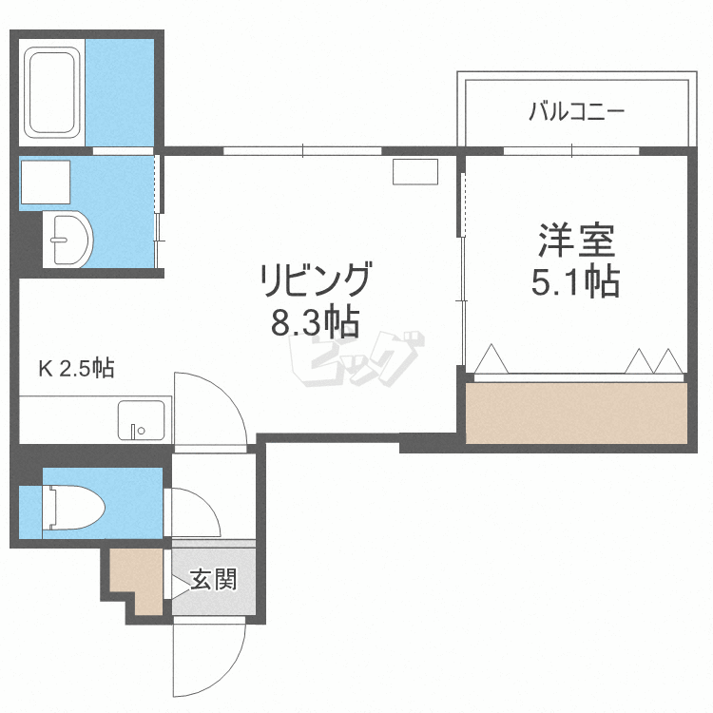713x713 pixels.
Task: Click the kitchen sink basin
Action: pos(140,420)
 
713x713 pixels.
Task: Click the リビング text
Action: pos(315,281)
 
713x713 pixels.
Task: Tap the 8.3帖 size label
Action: pos(315,323)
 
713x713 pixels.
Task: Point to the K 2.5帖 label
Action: pos(76,368)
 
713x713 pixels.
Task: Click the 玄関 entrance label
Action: pos(212,579)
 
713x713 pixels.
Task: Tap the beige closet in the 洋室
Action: pos(576,411)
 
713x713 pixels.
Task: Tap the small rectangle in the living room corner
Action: pos(414,172)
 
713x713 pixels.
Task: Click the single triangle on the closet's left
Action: pos(491,361)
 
